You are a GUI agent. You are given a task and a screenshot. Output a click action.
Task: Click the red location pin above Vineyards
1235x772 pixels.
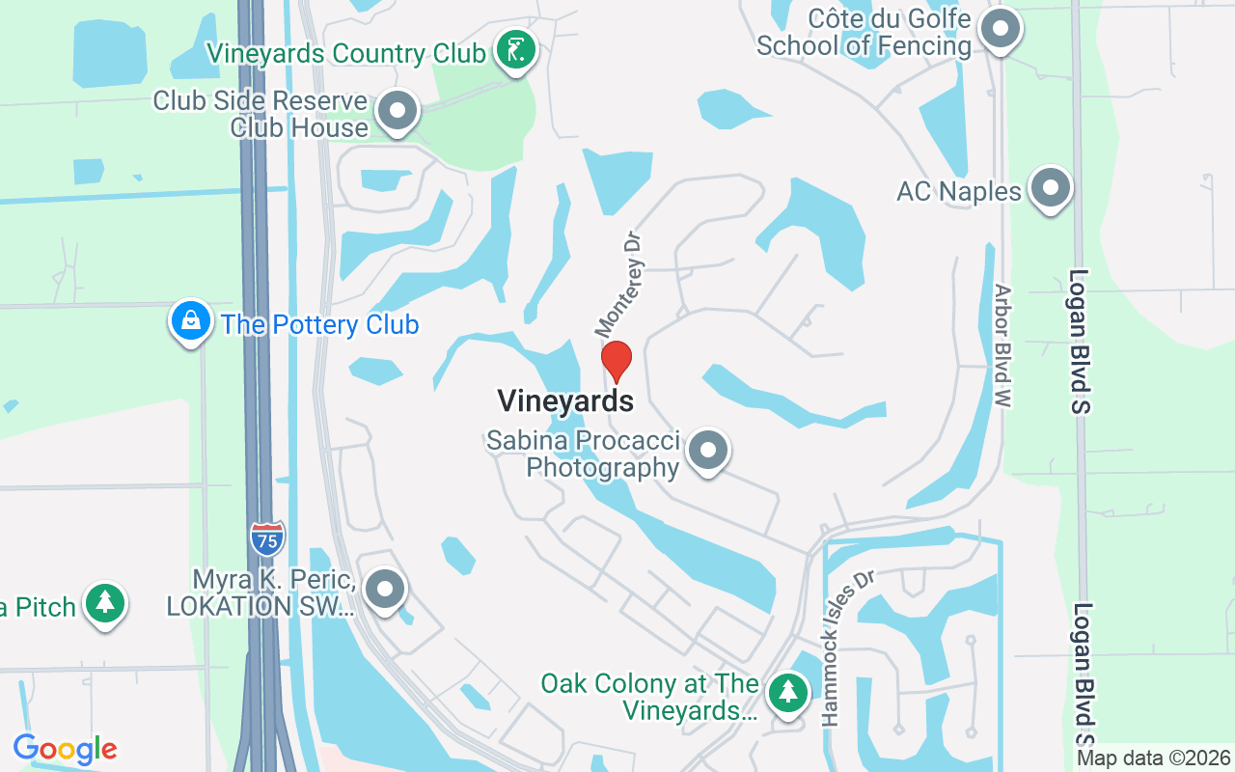coord(617,361)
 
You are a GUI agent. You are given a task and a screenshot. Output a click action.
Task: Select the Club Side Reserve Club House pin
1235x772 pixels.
coord(397,111)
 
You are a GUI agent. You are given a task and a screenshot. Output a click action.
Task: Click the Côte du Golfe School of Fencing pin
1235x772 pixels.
coord(1000,29)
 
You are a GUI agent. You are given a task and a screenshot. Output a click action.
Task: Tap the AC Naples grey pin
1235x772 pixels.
coord(1050,187)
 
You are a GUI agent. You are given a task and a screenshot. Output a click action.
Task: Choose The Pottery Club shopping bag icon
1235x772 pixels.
coord(191,320)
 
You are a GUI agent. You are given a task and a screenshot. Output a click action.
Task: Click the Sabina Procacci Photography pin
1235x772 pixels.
coord(709,451)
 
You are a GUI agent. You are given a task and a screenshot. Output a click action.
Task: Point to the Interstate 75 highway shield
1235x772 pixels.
coord(267,538)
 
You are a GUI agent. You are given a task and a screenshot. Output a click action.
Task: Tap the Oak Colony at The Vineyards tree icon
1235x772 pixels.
coord(788,692)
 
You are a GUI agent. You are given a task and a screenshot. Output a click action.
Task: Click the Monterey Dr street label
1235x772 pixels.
coord(618,283)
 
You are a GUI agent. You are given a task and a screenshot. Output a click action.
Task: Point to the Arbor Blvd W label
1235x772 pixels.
coord(1002,345)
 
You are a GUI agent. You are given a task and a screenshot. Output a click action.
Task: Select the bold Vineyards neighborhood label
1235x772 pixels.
coord(565,400)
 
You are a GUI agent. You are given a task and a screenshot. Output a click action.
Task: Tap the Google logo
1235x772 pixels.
coord(65,749)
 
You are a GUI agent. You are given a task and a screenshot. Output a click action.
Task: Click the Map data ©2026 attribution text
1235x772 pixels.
coord(1153,758)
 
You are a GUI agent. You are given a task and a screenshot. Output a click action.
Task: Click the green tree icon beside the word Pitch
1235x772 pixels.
coord(105,603)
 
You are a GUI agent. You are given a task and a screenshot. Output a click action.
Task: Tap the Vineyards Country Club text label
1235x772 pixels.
coord(345,53)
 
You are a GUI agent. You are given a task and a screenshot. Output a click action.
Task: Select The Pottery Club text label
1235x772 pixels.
coord(319,324)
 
